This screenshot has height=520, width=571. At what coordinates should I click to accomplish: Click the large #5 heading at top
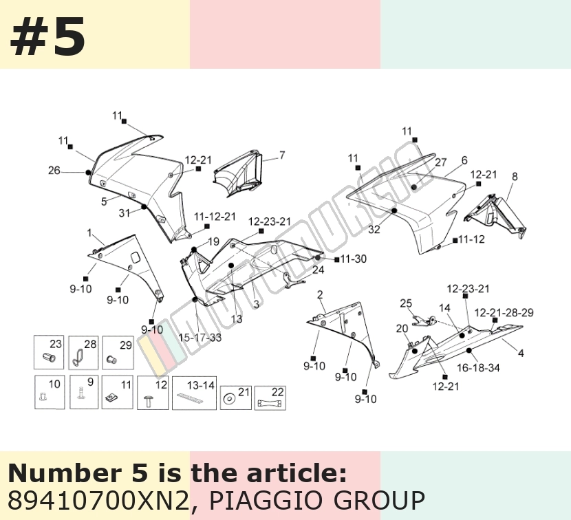tap(48, 36)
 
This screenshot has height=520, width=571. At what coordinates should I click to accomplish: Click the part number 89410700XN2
tap(98, 500)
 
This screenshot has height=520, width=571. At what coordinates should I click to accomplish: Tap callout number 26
tap(54, 170)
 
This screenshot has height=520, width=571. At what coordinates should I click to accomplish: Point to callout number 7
tap(282, 155)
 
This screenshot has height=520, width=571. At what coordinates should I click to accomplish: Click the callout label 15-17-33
tap(200, 338)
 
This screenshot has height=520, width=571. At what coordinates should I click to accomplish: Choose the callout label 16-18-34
tap(478, 368)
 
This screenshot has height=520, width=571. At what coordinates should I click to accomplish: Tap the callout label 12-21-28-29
tap(504, 313)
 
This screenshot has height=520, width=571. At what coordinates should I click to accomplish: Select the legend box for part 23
tap(49, 352)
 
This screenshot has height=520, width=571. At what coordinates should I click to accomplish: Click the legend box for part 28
tap(83, 352)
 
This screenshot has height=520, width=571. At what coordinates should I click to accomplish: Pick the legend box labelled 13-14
tap(194, 393)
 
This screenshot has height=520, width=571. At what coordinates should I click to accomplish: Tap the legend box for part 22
tap(270, 398)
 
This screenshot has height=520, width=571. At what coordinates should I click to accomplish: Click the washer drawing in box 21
tap(229, 399)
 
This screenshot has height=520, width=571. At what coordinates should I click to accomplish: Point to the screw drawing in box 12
tap(149, 401)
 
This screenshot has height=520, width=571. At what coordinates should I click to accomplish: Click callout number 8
tap(514, 177)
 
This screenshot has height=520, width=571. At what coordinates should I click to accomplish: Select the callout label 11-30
tap(353, 259)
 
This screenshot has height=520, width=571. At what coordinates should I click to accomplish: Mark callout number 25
tap(406, 303)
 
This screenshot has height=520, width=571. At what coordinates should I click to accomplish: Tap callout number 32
tap(374, 230)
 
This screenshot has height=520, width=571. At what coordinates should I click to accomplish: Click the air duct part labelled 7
tap(238, 173)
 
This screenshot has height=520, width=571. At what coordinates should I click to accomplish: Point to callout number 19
tap(213, 241)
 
